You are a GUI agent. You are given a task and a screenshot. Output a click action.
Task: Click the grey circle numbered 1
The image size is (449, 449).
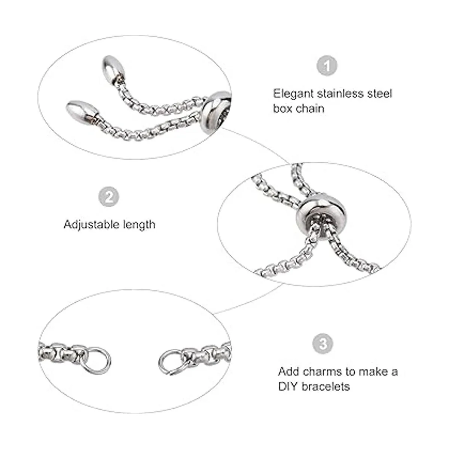[327, 65]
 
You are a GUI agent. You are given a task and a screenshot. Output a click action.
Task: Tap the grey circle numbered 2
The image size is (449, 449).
[109, 197]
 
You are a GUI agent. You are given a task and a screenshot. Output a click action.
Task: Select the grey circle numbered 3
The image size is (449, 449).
[323, 344]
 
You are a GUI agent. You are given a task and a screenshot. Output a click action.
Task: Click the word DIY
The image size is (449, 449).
[288, 387]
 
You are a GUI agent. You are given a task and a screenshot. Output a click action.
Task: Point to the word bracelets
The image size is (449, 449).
[326, 387]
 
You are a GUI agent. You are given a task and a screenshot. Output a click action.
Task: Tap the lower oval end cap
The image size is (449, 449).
[82, 111]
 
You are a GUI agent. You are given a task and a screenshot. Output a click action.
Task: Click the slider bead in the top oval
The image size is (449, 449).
[216, 112]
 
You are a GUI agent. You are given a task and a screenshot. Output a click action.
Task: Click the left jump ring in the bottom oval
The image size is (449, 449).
[97, 361]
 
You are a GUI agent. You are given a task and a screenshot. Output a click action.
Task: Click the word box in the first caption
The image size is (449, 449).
[283, 109]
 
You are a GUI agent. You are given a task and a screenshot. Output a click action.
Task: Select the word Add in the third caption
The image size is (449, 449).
[289, 372]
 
